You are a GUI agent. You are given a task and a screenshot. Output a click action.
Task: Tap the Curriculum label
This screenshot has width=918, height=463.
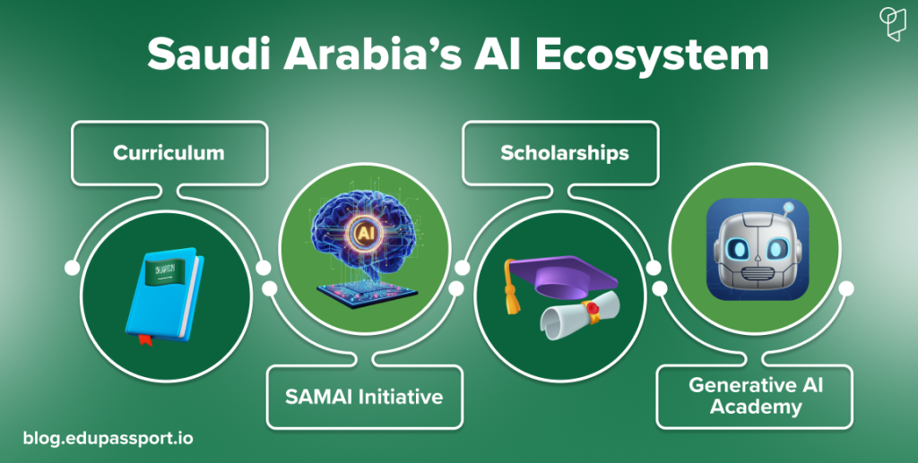pyautogui.click(x=169, y=152)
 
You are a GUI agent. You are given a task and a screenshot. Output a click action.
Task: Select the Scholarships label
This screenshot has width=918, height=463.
pyautogui.click(x=565, y=152)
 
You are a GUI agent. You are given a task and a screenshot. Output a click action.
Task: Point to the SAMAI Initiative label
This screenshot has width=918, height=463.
pyautogui.click(x=364, y=397)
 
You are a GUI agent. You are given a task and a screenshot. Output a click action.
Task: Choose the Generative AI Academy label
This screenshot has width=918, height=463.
pyautogui.click(x=756, y=397)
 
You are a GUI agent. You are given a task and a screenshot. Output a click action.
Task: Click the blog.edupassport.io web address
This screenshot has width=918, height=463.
pyautogui.click(x=108, y=438)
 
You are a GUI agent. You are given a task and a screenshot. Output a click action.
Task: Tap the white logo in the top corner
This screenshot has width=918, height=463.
pyautogui.click(x=893, y=24)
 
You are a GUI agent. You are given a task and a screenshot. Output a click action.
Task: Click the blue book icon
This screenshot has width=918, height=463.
pyautogui.click(x=165, y=296)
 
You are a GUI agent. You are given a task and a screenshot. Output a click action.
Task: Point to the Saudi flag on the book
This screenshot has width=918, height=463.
pyautogui.click(x=165, y=270)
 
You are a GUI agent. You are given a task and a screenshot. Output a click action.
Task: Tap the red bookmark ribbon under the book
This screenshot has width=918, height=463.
pyautogui.click(x=145, y=339)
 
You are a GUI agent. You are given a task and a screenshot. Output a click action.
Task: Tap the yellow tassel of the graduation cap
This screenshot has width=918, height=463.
pyautogui.click(x=512, y=292)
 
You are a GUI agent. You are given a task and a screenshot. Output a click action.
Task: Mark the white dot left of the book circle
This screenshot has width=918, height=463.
pyautogui.click(x=72, y=268)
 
